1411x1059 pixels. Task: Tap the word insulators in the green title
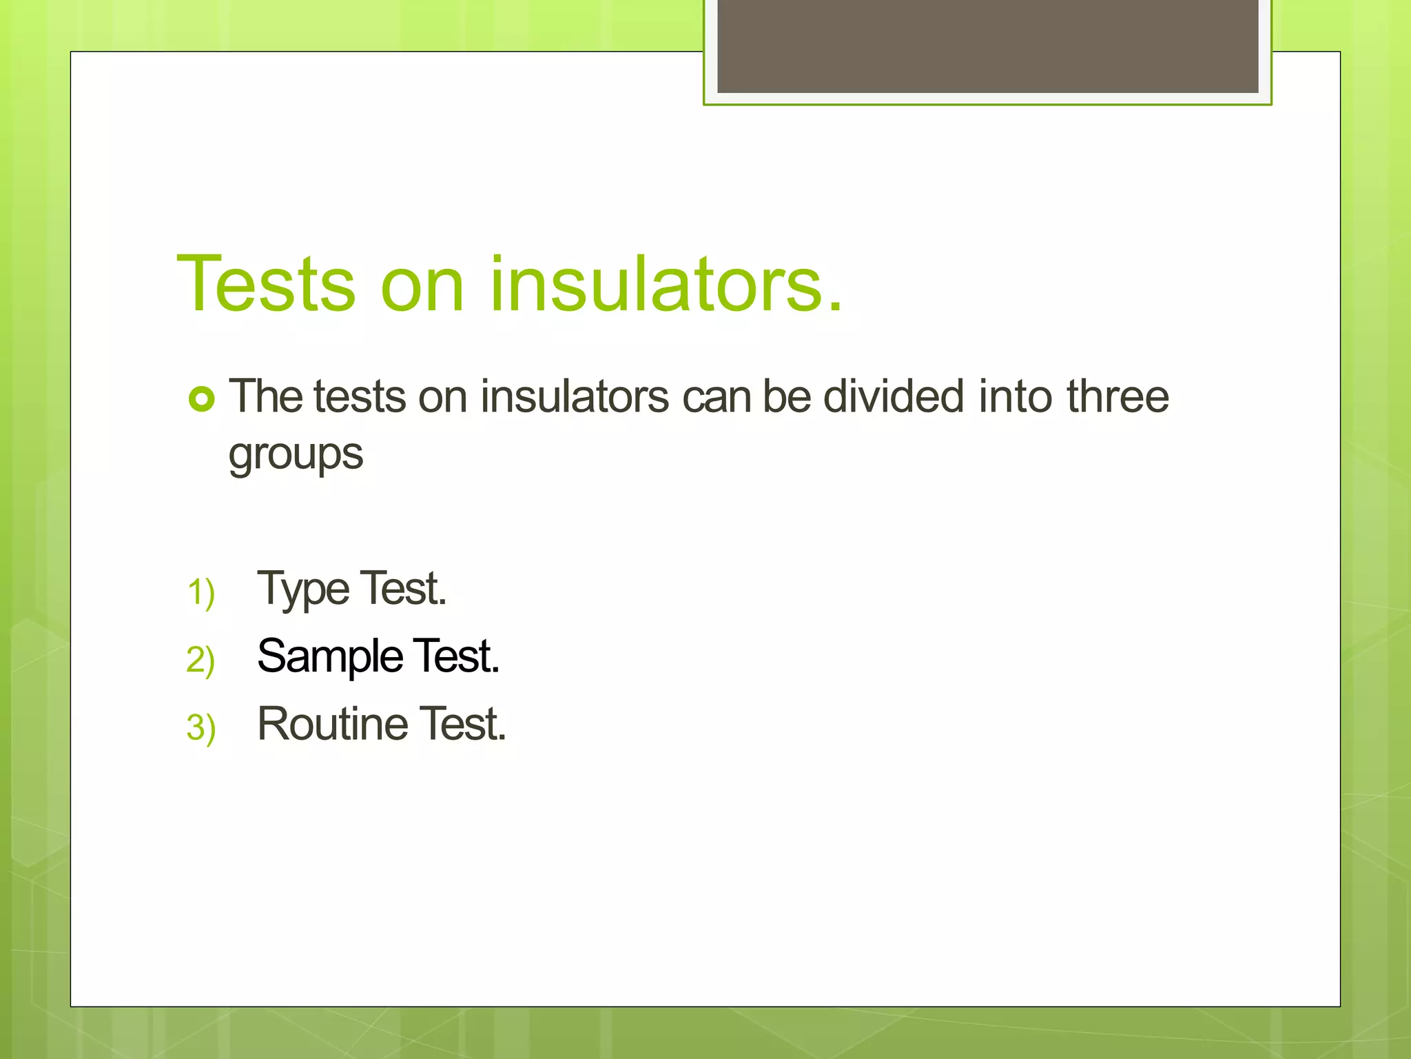(665, 284)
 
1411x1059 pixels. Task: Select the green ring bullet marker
(202, 399)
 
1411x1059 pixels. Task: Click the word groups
(296, 455)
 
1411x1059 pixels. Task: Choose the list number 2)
(200, 660)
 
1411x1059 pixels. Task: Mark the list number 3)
(200, 727)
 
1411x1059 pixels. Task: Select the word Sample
(329, 656)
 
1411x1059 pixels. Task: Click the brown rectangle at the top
(987, 46)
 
